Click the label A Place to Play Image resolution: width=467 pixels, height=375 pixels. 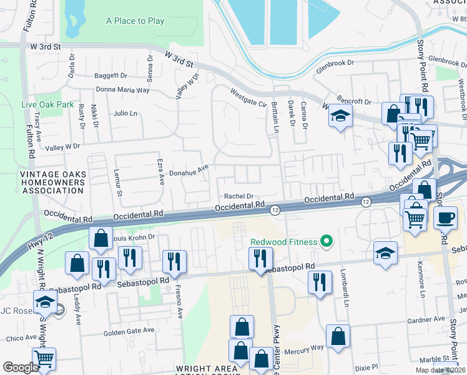(x=135, y=21)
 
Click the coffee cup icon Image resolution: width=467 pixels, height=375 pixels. (x=445, y=218)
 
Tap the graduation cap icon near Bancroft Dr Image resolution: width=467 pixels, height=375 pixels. (x=340, y=116)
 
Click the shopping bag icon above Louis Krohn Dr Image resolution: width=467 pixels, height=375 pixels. (x=101, y=238)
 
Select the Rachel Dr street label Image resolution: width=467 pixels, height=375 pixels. (x=238, y=196)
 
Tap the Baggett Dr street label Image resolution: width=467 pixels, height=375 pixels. (x=111, y=76)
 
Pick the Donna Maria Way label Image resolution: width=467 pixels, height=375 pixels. (x=126, y=89)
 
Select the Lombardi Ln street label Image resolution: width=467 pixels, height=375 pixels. (x=343, y=288)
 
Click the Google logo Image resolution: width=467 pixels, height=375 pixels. (x=21, y=367)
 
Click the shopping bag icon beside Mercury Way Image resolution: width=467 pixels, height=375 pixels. (x=338, y=336)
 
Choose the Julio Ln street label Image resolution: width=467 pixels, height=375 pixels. (x=125, y=113)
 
